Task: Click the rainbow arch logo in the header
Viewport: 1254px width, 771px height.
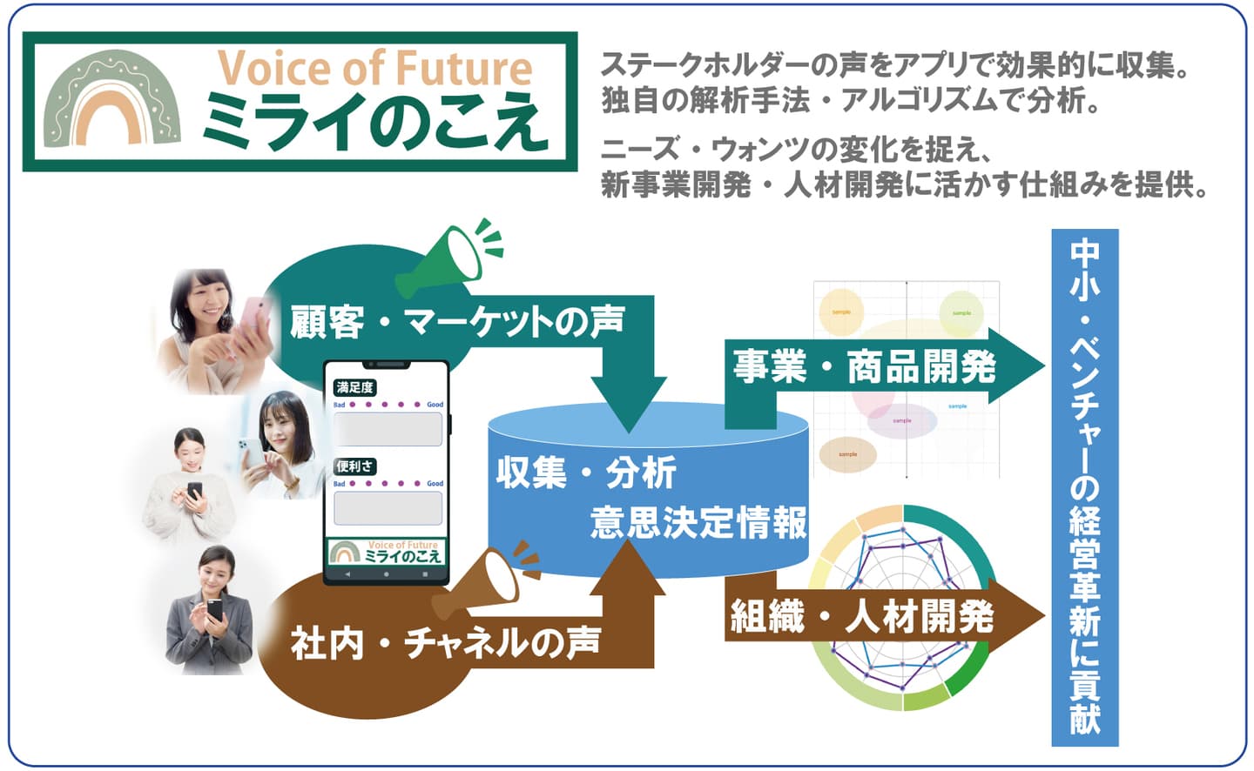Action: click(112, 100)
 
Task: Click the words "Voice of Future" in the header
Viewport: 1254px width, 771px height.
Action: click(374, 68)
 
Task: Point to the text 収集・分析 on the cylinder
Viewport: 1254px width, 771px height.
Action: click(586, 473)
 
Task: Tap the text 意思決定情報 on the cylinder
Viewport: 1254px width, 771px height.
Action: click(698, 523)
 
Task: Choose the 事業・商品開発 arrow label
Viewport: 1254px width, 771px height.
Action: click(864, 366)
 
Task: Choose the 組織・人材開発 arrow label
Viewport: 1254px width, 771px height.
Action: click(862, 617)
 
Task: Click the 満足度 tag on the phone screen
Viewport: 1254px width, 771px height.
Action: click(354, 387)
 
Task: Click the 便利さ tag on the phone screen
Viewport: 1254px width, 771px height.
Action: click(355, 466)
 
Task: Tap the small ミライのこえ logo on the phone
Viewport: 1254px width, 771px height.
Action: click(386, 552)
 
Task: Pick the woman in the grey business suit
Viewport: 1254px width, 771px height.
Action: click(209, 613)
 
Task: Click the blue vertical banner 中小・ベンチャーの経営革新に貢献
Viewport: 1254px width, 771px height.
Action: click(1085, 487)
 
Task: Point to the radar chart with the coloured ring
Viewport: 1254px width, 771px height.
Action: click(901, 609)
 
